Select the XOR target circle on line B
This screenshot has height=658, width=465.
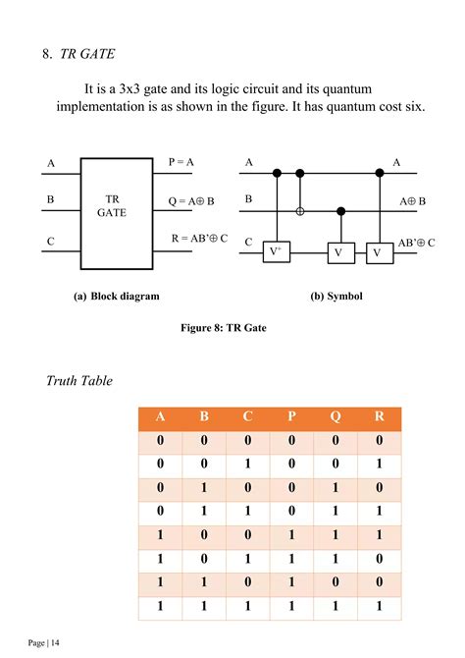300,210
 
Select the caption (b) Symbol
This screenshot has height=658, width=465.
336,296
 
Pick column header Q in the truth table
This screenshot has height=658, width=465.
336,416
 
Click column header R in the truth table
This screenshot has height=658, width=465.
379,416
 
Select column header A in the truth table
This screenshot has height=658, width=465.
160,416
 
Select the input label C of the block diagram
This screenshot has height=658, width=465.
50,241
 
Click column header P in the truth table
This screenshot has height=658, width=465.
291,416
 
